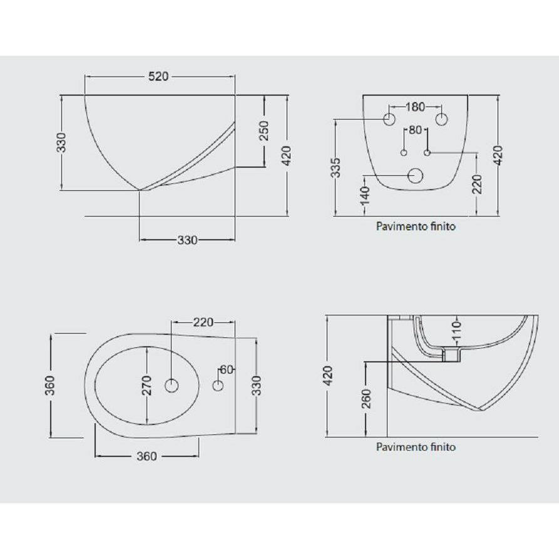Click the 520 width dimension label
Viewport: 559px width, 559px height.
tap(158, 76)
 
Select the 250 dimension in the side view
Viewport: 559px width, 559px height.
tap(264, 130)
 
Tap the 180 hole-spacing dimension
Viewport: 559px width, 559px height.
tap(415, 106)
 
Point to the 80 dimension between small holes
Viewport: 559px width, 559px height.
tap(415, 130)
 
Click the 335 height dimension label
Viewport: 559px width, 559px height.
tap(336, 168)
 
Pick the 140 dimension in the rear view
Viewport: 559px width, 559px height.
tap(365, 196)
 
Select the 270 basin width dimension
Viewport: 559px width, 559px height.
tap(146, 386)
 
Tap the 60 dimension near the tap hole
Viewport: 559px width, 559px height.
tap(227, 370)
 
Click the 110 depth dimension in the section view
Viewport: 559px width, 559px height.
tap(457, 330)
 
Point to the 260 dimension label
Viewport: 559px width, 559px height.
tap(366, 399)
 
